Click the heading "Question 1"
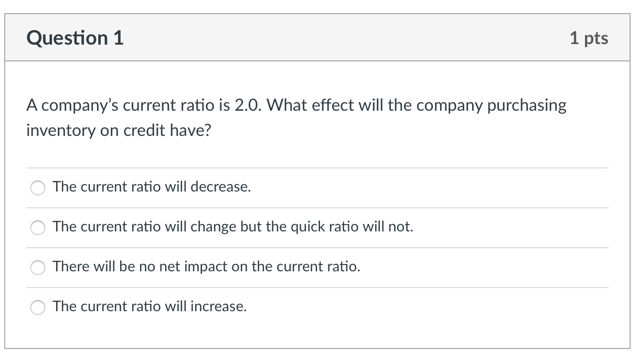pos(75,38)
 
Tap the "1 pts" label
pos(589,38)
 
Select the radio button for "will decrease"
pos(38,187)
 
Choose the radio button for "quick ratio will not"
pos(38,227)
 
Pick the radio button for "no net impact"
pos(38,267)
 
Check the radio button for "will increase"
pos(38,307)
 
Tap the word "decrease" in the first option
pos(220,187)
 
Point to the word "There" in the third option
pos(71,267)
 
